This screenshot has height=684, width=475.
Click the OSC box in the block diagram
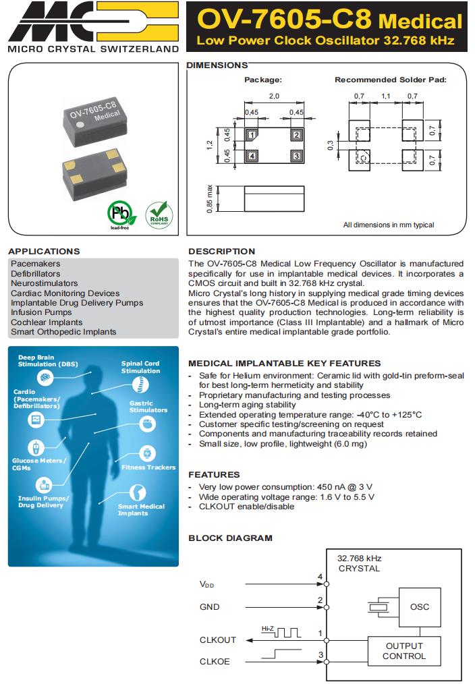(419, 606)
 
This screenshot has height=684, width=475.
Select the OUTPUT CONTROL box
(404, 651)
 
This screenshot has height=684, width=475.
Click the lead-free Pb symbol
(120, 215)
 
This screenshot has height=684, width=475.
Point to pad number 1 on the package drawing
(252, 135)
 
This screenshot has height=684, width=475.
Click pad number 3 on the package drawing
(296, 156)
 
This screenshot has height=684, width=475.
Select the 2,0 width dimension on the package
(274, 96)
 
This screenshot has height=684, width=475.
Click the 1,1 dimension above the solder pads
(386, 96)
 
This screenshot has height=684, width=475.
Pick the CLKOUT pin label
(218, 639)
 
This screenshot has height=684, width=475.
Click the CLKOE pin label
(215, 662)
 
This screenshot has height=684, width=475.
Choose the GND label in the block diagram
(209, 607)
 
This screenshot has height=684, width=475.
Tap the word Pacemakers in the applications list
(36, 264)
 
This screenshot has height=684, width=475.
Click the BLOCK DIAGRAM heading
(230, 538)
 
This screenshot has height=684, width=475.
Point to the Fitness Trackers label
(148, 467)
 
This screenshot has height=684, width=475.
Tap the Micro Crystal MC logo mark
(90, 22)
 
